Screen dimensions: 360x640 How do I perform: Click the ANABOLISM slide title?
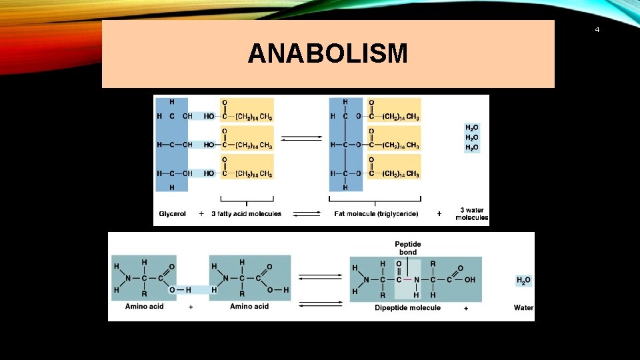(x=327, y=54)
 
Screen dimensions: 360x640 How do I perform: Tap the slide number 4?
(x=597, y=29)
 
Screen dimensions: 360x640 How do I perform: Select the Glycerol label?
(x=173, y=214)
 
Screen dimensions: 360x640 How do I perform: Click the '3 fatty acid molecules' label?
(x=247, y=214)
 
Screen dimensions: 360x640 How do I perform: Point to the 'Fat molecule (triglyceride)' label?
(x=376, y=214)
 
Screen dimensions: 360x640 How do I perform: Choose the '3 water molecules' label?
(x=472, y=214)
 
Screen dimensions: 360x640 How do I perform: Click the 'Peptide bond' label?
(x=408, y=248)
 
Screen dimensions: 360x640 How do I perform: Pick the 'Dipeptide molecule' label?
(x=407, y=307)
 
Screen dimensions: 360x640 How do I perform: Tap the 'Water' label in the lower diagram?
(x=523, y=307)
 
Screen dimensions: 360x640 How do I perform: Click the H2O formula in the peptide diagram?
(x=524, y=281)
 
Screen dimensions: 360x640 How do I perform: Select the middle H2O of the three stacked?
(x=471, y=137)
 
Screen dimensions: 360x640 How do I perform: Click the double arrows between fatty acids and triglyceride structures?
(x=301, y=139)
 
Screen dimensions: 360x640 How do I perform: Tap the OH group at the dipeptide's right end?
(x=469, y=279)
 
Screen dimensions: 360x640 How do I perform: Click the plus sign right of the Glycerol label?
(x=201, y=214)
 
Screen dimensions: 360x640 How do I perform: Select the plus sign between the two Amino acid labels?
(x=191, y=307)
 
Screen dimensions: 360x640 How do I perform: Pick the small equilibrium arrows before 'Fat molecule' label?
(x=307, y=214)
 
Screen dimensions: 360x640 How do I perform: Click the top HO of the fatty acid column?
(x=209, y=116)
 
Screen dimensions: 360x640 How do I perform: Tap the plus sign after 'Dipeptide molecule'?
(x=465, y=308)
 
